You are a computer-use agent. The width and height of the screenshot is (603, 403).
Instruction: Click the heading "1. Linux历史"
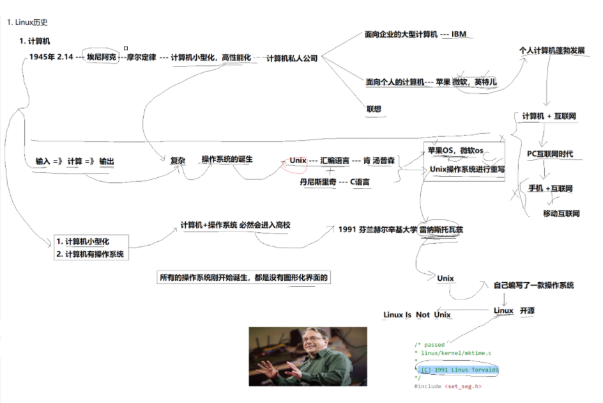(27, 22)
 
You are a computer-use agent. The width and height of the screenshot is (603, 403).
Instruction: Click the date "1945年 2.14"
(51, 58)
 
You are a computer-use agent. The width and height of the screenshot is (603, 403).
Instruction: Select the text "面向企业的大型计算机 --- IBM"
(415, 34)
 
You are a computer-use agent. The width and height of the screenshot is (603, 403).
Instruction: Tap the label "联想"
(374, 109)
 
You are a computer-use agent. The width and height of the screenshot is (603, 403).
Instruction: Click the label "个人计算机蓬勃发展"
(552, 50)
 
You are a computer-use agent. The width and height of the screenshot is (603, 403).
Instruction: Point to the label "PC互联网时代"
(550, 154)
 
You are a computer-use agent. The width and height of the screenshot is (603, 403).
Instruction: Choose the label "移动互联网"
(561, 213)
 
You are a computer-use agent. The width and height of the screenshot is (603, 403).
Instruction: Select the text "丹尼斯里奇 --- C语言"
(334, 182)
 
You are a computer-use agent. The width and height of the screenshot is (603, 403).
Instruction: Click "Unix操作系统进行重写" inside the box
(467, 170)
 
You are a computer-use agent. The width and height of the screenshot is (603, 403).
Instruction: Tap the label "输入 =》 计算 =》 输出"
(75, 161)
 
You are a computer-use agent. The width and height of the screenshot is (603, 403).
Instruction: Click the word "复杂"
(178, 161)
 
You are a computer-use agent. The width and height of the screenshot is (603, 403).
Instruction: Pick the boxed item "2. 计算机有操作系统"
(91, 254)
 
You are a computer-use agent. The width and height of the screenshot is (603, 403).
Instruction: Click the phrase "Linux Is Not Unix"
(417, 315)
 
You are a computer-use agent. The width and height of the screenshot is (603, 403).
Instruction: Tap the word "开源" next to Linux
(527, 311)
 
